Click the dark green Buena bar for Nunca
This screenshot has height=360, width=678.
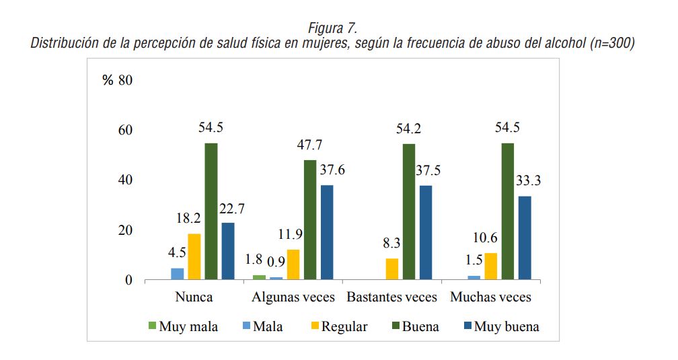point(211,211)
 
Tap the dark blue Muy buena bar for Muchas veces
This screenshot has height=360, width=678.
point(525,238)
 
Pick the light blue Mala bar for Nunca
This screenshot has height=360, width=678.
point(178,274)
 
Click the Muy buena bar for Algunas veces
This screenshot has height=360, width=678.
point(327,232)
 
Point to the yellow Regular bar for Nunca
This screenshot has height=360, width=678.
point(194,256)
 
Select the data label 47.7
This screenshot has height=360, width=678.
point(311,145)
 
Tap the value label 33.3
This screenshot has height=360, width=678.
point(528,180)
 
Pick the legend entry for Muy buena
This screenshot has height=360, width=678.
point(501,327)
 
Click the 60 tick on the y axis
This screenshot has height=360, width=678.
point(125,130)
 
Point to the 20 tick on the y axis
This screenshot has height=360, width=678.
point(125,230)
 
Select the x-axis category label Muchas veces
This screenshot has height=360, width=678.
point(491,297)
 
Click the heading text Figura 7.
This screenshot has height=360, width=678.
point(332,28)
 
